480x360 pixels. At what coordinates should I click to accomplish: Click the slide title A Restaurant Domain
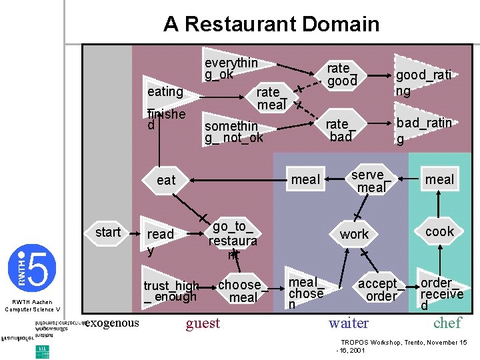tap(271, 25)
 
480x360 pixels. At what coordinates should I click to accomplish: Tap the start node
tap(108, 232)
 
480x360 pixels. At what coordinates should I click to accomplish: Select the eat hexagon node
tap(166, 180)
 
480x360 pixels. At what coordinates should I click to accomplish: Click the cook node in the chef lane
tap(439, 231)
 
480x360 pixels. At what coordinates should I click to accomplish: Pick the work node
tap(354, 234)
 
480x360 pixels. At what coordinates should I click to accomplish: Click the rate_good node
tap(341, 74)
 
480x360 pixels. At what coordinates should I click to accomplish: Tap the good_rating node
tap(423, 82)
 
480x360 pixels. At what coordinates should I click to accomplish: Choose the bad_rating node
tap(424, 130)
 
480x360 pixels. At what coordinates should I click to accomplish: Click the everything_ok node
tap(231, 68)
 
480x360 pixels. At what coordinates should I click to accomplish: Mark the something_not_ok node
tap(233, 131)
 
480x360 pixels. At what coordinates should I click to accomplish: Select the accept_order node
tap(381, 290)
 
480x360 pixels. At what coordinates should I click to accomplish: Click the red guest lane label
tap(203, 323)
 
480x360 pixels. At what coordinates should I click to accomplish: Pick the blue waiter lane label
tap(348, 323)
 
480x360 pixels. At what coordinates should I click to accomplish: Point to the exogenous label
tap(113, 323)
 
